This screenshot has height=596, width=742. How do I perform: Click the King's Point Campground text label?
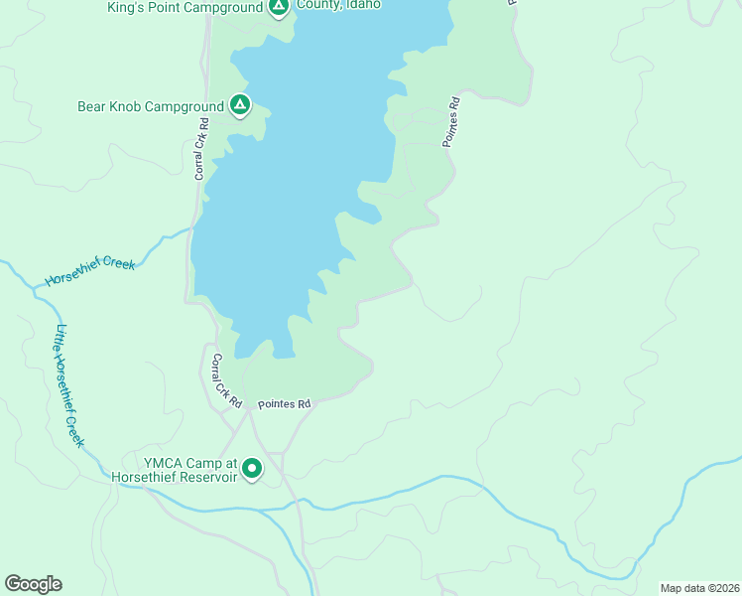pyautogui.click(x=185, y=8)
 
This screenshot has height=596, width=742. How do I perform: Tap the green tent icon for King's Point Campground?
pyautogui.click(x=279, y=8)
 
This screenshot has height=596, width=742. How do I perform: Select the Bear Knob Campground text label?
pyautogui.click(x=150, y=105)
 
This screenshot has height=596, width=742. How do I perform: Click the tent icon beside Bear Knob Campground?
pyautogui.click(x=239, y=104)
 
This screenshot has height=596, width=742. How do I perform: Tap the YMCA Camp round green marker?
pyautogui.click(x=252, y=468)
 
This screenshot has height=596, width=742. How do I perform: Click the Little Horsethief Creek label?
pyautogui.click(x=69, y=385)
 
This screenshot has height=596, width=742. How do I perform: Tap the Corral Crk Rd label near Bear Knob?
pyautogui.click(x=201, y=149)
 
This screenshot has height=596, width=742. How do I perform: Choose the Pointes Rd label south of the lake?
pyautogui.click(x=285, y=404)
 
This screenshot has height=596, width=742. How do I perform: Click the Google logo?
pyautogui.click(x=34, y=584)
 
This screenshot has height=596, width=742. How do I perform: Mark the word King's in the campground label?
pyautogui.click(x=126, y=8)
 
